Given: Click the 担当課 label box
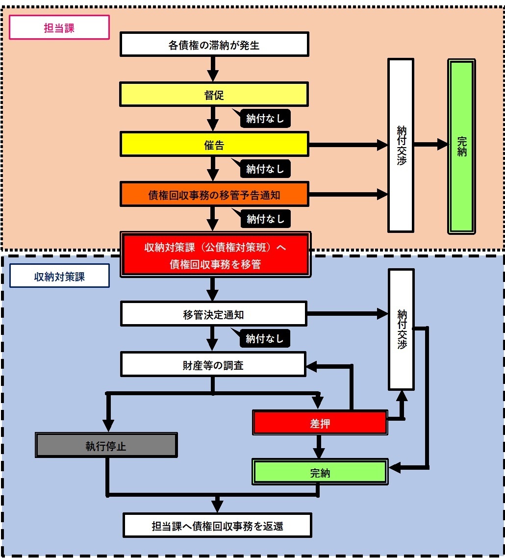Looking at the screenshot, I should coord(59,27).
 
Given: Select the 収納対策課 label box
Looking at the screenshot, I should coord(59,277).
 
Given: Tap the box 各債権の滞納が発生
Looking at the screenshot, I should coord(214,45).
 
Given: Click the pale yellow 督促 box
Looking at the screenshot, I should coord(214,95).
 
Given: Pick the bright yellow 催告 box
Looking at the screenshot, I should coord(214,145).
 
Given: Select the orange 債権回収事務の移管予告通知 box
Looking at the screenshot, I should coord(214,195).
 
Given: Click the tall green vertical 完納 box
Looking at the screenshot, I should coord(461,146).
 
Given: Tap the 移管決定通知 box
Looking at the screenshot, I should coord(213,314).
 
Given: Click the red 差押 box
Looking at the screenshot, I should coord(320,423).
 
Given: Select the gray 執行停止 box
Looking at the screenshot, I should coord(106,445).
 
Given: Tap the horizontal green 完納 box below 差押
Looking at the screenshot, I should coord(320,472).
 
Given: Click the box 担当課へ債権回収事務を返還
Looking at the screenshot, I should coord(217,526).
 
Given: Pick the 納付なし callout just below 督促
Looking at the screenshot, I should coord(265,118).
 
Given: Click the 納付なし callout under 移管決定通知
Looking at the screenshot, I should coord(265,338).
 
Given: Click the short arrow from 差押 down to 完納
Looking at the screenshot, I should coord(320,447).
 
